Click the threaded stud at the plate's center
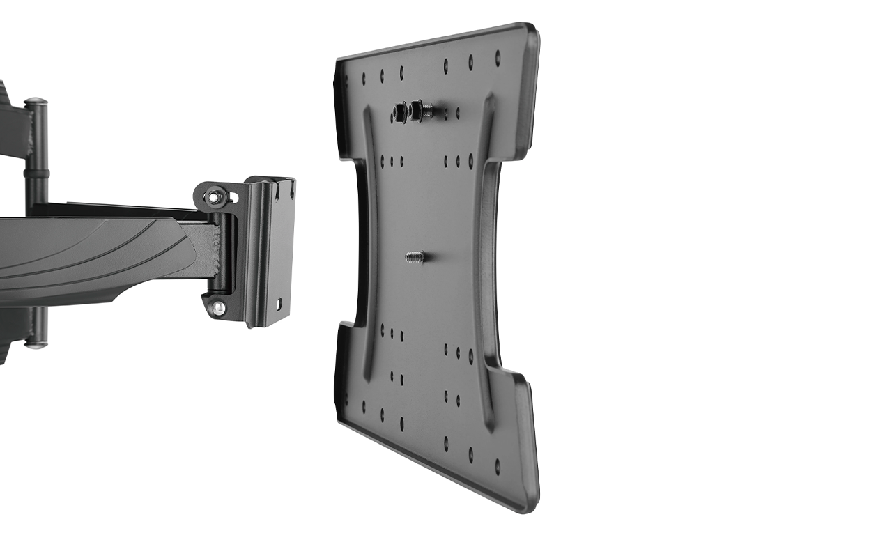coord(415,257)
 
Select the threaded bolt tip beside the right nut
coord(427,110)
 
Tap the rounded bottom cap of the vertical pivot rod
coord(36,343)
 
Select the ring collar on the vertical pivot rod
coord(36,172)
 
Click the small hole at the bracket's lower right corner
coord(279,304)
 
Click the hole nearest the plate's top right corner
coord(498,54)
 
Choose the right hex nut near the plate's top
coord(416,109)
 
